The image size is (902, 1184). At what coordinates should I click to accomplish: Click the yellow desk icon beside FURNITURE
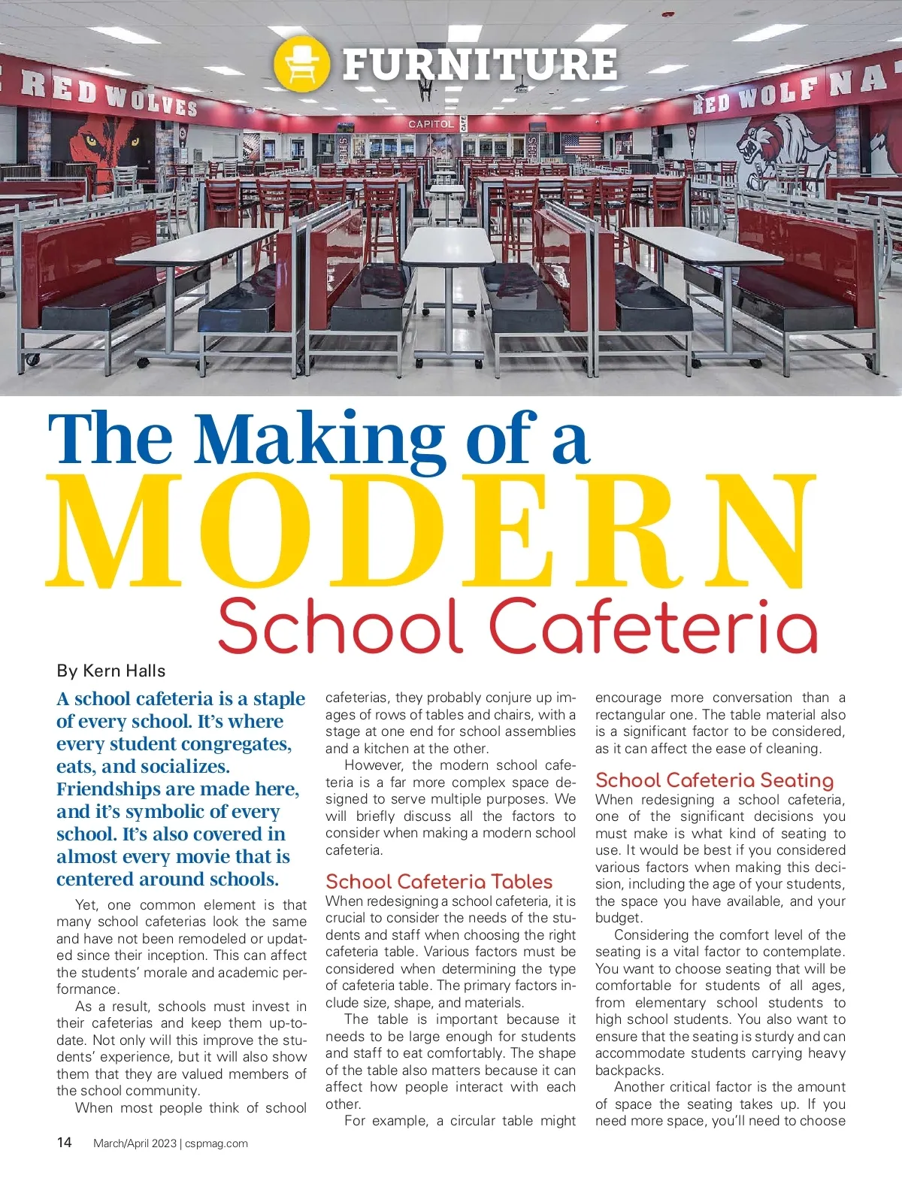[301, 63]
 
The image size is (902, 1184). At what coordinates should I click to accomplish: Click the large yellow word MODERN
[430, 531]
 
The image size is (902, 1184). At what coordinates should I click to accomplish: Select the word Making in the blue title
[319, 440]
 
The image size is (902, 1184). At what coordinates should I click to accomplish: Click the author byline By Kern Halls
[110, 671]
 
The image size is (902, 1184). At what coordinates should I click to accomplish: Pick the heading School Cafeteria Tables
[439, 882]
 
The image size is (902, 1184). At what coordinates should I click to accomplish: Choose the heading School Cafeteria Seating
[714, 780]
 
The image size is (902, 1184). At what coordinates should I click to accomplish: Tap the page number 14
[65, 1143]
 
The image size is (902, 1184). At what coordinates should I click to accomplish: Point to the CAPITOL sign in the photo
[431, 123]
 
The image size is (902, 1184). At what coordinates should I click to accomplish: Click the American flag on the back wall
[582, 144]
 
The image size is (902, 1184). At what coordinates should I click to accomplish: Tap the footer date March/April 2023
[135, 1143]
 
